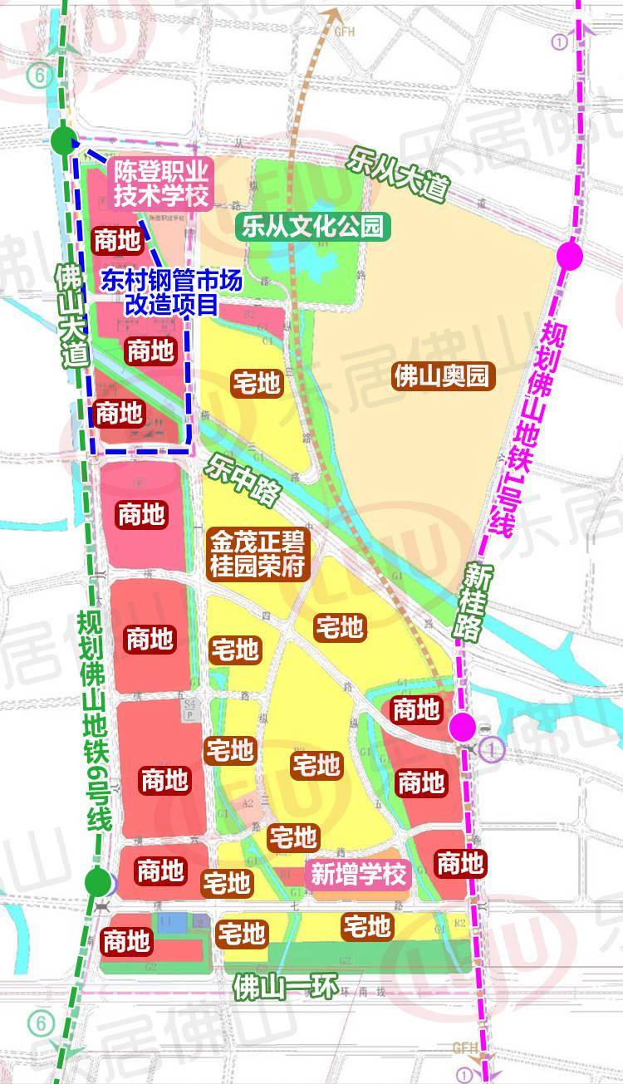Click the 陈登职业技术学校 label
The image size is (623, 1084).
coord(162,183)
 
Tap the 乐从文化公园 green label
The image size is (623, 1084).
coord(313,227)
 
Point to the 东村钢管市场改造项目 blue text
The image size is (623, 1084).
coord(171,292)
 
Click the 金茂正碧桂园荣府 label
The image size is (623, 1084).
coord(260,556)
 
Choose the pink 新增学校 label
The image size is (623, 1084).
coord(359,874)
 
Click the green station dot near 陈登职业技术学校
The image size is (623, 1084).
coord(63,140)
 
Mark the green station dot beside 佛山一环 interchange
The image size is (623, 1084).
coord(98,881)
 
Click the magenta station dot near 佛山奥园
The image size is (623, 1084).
coord(570,256)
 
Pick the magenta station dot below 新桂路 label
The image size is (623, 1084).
coord(463,727)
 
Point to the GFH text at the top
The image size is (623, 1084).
coord(343,32)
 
